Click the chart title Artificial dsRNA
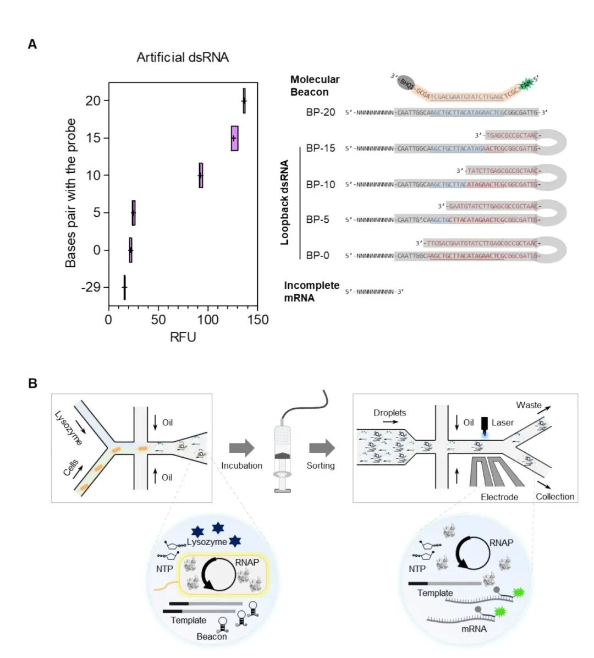[x=183, y=57]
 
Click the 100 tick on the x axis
[x=208, y=320]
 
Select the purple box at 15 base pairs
[x=234, y=138]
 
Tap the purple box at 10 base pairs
[x=201, y=175]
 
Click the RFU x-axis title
[x=183, y=337]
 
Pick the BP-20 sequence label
[x=321, y=112]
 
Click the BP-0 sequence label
[x=318, y=255]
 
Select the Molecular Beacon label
[x=315, y=86]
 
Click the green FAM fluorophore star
[x=527, y=83]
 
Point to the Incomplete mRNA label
[x=311, y=292]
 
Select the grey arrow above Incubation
[x=241, y=448]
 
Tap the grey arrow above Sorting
[x=322, y=448]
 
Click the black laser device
[x=485, y=424]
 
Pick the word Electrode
[x=499, y=497]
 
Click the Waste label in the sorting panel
[x=529, y=405]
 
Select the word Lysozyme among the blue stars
[x=206, y=542]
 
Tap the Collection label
[x=555, y=496]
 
